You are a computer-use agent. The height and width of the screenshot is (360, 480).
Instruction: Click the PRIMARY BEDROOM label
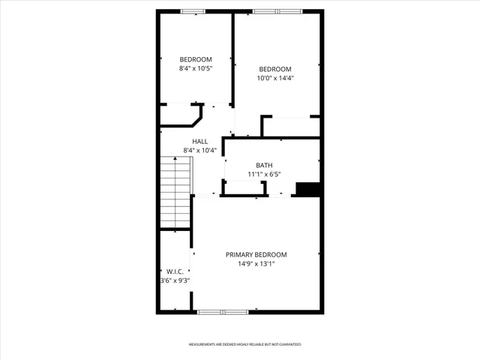tap(256, 255)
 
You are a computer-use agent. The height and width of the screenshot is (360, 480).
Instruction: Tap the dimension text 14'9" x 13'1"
tap(256, 264)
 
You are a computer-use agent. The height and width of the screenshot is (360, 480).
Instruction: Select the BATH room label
tap(264, 166)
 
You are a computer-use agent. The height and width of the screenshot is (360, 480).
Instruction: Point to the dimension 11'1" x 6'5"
tap(264, 175)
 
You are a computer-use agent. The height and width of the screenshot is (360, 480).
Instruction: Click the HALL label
tap(199, 142)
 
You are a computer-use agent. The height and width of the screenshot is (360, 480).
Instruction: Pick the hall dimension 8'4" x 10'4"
tap(199, 151)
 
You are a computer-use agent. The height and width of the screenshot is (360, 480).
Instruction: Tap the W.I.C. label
tap(174, 271)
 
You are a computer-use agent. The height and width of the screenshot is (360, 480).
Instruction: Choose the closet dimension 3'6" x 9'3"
tap(175, 280)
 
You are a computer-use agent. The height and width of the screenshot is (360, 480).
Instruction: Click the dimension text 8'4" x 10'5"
tap(195, 68)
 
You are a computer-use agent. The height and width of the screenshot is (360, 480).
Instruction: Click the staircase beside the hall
tap(175, 193)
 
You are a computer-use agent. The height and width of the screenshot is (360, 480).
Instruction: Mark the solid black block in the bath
tap(307, 190)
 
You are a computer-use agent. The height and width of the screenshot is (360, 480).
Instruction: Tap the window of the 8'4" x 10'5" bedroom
tap(193, 11)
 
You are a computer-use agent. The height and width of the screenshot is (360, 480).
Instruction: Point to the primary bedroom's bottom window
tap(222, 311)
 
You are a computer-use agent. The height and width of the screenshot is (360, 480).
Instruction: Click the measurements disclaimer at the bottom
tap(244, 345)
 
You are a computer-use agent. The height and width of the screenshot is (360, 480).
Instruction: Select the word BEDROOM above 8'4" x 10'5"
tap(195, 59)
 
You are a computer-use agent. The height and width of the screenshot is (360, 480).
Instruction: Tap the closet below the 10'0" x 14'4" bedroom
tap(291, 127)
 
